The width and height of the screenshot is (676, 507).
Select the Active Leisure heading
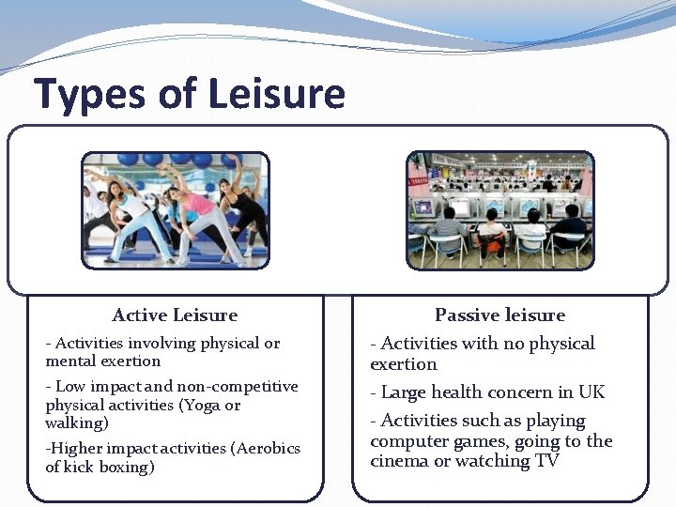[175, 315]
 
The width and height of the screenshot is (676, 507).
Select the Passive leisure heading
[499, 315]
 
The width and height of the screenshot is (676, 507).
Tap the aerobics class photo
[175, 210]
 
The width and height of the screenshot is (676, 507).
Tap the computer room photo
[499, 210]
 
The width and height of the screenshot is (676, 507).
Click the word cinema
[398, 461]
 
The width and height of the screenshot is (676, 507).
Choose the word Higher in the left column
[75, 449]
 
